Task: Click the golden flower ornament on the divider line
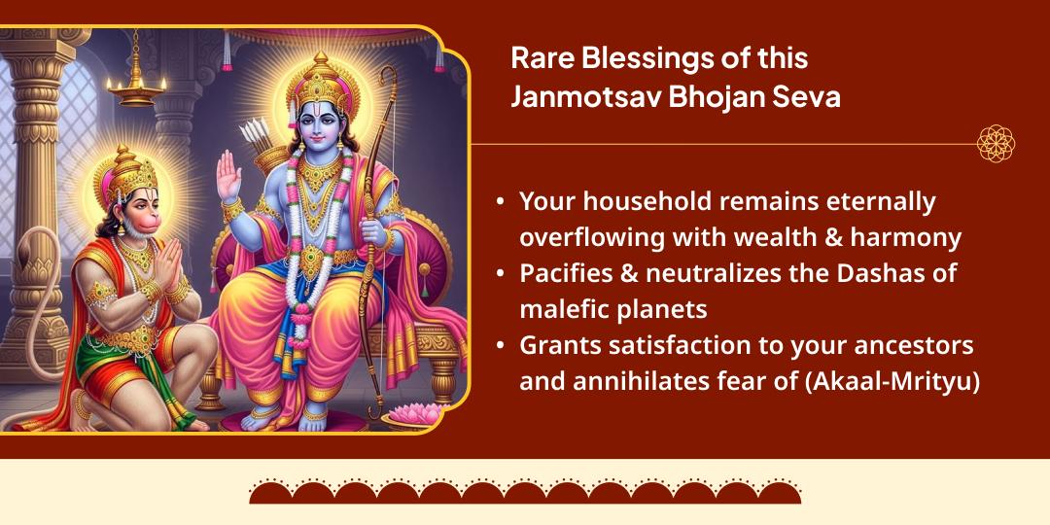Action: point(996,143)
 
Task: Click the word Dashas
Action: point(889,274)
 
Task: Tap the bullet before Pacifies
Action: point(501,274)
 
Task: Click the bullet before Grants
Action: point(501,347)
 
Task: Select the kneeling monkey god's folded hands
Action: point(167,262)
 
